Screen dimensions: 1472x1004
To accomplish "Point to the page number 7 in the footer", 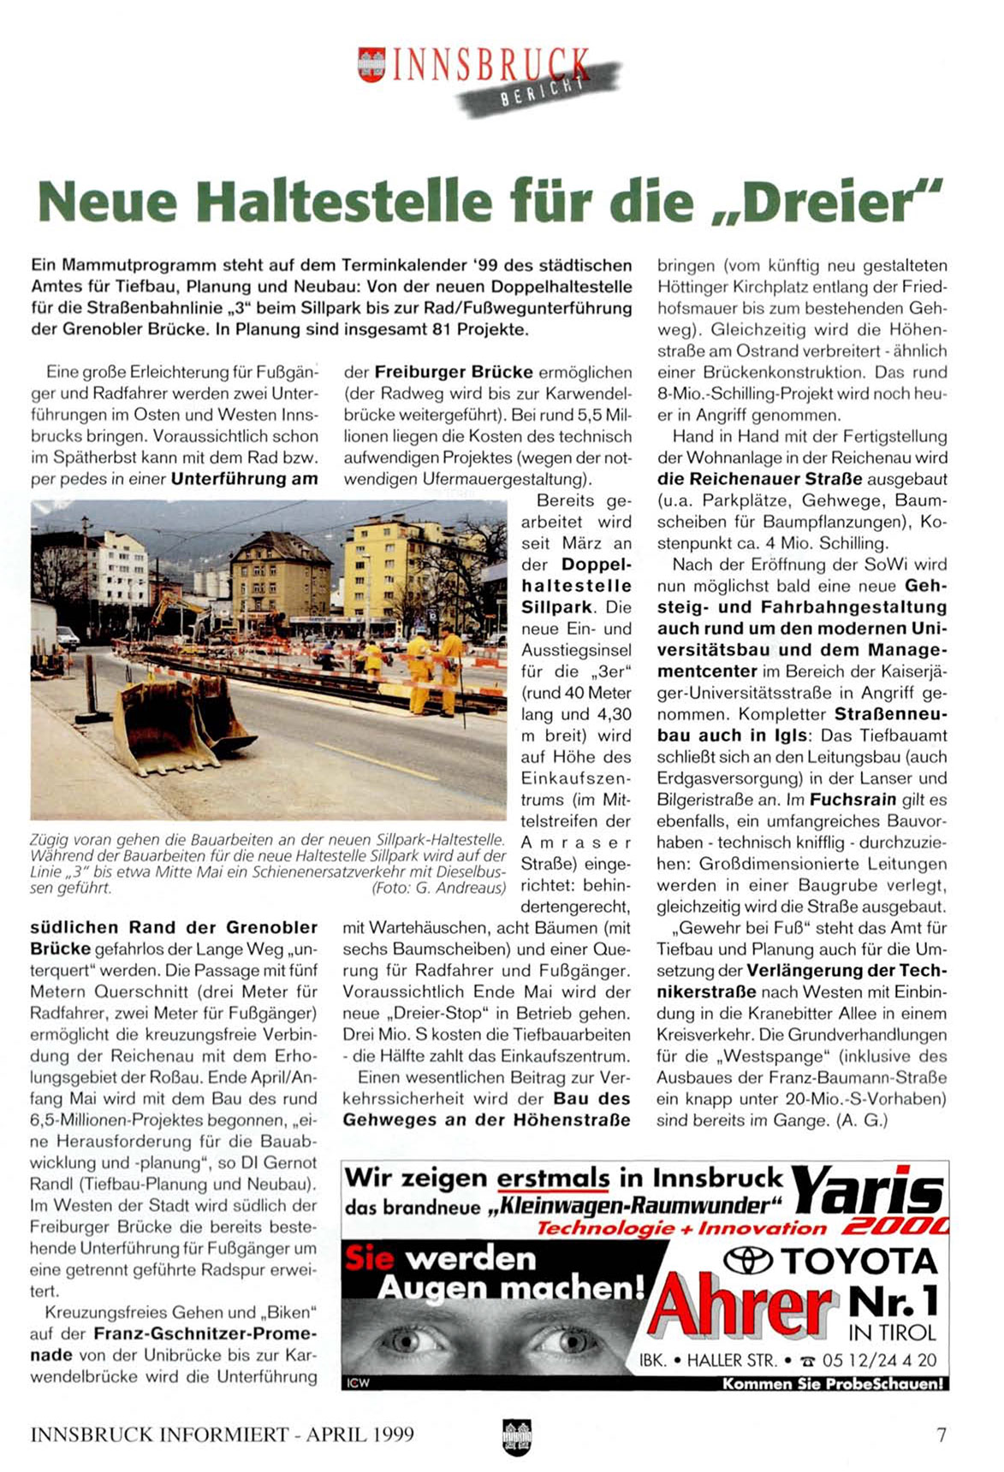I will tap(942, 1434).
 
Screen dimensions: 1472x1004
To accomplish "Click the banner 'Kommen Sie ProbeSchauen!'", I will tap(833, 1384).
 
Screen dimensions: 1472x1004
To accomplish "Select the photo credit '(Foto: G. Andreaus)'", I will tap(438, 888).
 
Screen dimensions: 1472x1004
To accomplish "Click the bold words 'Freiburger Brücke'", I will tap(454, 372).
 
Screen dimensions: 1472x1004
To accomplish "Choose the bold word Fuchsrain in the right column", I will tap(853, 800).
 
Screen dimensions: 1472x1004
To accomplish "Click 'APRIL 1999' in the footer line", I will tap(359, 1434).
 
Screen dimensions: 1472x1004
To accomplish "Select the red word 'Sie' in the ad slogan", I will tap(369, 1258).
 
